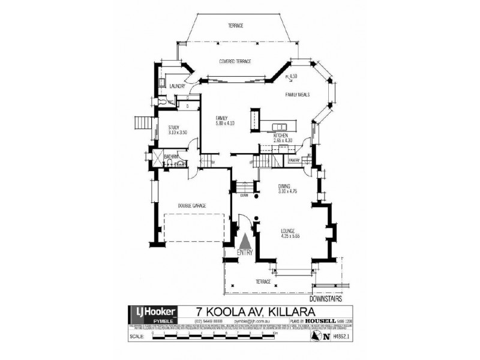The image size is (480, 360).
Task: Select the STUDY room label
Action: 174,127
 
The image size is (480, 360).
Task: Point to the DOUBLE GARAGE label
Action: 192,206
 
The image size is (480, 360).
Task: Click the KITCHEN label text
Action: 281,136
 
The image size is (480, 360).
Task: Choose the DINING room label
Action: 284,187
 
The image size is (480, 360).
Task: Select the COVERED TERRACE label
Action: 235,62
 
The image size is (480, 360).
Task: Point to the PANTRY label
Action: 294,160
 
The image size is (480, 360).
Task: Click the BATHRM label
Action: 172,157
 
